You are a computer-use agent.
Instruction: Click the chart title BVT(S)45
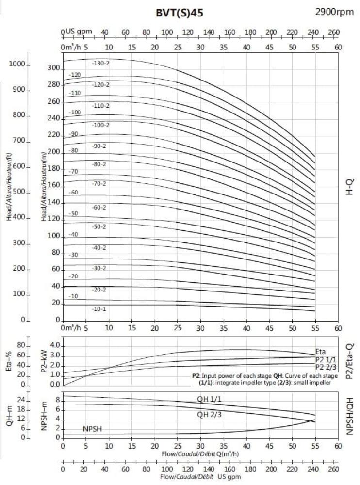[x=180, y=13]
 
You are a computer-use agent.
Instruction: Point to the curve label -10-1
[x=99, y=308]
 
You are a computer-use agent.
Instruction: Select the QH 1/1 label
[x=209, y=399]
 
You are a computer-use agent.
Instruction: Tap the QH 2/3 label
[x=209, y=415]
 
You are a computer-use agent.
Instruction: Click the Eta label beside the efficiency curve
[x=320, y=352]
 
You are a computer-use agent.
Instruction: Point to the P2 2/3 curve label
[x=326, y=367]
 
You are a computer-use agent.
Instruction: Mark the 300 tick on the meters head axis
[x=53, y=67]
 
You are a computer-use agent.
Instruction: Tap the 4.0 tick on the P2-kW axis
[x=55, y=345]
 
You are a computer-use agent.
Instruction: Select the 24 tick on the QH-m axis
[x=21, y=401]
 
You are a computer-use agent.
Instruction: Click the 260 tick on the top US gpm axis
[x=334, y=32]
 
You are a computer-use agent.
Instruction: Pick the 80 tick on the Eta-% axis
[x=21, y=345]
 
